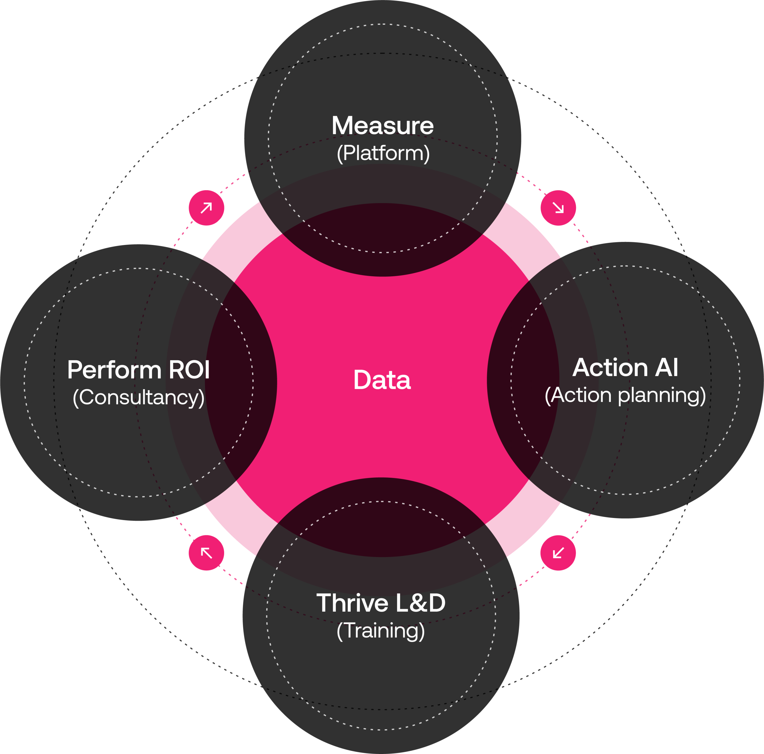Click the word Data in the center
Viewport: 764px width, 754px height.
pyautogui.click(x=382, y=380)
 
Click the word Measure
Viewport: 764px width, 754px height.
pyautogui.click(x=382, y=125)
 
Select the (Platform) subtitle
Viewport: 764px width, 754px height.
pyautogui.click(x=383, y=153)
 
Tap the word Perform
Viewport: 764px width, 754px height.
pyautogui.click(x=114, y=370)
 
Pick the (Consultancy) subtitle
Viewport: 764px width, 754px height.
pyautogui.click(x=138, y=397)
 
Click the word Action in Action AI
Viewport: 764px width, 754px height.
pyautogui.click(x=610, y=368)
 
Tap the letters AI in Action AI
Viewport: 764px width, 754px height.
pyautogui.click(x=667, y=368)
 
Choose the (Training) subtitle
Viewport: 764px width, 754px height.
pyautogui.click(x=381, y=630)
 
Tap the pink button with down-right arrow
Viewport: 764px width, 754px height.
pyautogui.click(x=558, y=208)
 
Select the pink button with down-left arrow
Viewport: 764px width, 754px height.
pyautogui.click(x=558, y=553)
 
